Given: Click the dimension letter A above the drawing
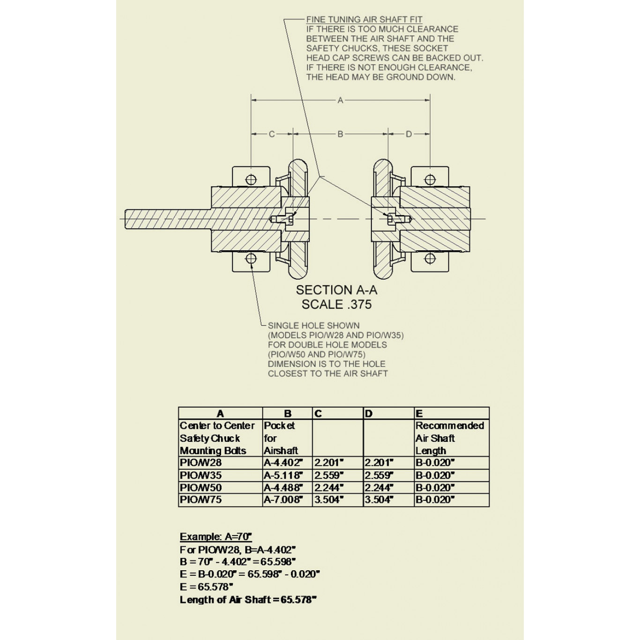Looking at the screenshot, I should click(341, 100).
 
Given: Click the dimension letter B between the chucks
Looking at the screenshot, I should click(341, 134).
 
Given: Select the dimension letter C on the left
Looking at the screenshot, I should click(272, 134).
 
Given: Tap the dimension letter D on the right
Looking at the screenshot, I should click(409, 134).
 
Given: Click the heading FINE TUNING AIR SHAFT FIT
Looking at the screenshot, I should click(364, 20).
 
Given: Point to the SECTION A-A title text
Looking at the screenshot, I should click(336, 290).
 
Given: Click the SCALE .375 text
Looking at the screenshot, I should click(336, 305).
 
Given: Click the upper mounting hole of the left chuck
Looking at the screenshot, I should click(251, 179).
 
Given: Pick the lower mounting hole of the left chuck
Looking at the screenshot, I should click(251, 259).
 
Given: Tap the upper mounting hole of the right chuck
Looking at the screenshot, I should click(430, 179).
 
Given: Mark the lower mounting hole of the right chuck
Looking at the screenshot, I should click(430, 259).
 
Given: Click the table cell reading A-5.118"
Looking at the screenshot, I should click(283, 476).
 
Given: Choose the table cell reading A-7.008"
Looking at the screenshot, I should click(283, 500).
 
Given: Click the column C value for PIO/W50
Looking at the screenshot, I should click(329, 488).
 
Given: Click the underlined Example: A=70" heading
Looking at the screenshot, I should click(216, 537).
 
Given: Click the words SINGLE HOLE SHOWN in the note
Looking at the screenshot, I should click(313, 326).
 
